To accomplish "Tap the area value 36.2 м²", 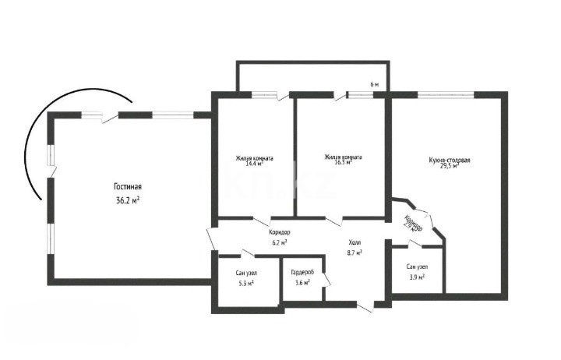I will tap(127, 200).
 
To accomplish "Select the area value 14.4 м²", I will tap(255, 164).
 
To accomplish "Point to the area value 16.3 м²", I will tap(343, 163).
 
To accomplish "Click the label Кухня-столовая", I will tap(449, 160).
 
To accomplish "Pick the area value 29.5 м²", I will tap(449, 166).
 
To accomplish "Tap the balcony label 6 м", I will tap(375, 84).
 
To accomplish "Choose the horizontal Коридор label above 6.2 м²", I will tap(279, 233).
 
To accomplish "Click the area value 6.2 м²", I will tap(279, 242).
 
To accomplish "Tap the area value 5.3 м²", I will tap(246, 283).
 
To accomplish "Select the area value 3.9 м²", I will tap(415, 277).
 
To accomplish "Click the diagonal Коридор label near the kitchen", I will tap(414, 223).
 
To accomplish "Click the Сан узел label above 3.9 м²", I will tap(415, 267).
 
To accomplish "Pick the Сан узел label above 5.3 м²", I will tap(246, 274).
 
